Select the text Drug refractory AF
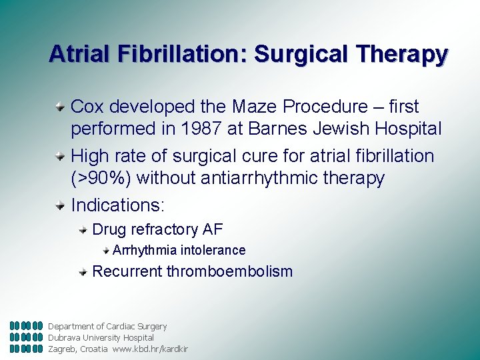click(x=157, y=230)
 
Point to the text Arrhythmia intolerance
click(x=179, y=251)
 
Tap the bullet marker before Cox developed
click(x=61, y=107)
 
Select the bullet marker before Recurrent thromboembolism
click(x=83, y=271)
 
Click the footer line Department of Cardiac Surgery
click(x=107, y=326)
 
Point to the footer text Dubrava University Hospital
click(x=101, y=337)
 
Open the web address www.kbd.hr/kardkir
click(x=150, y=349)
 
